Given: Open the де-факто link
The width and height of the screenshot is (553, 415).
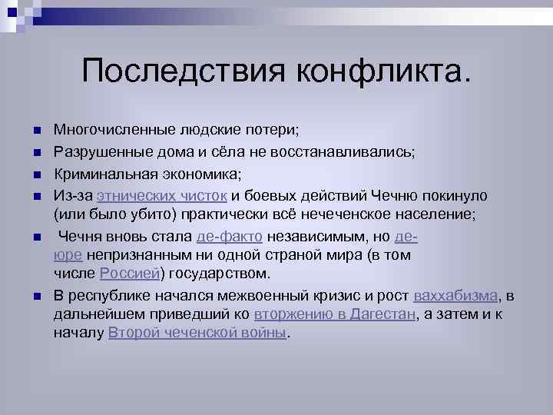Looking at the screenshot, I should coord(230,236).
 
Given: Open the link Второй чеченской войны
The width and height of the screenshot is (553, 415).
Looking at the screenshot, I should coord(197,334).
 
